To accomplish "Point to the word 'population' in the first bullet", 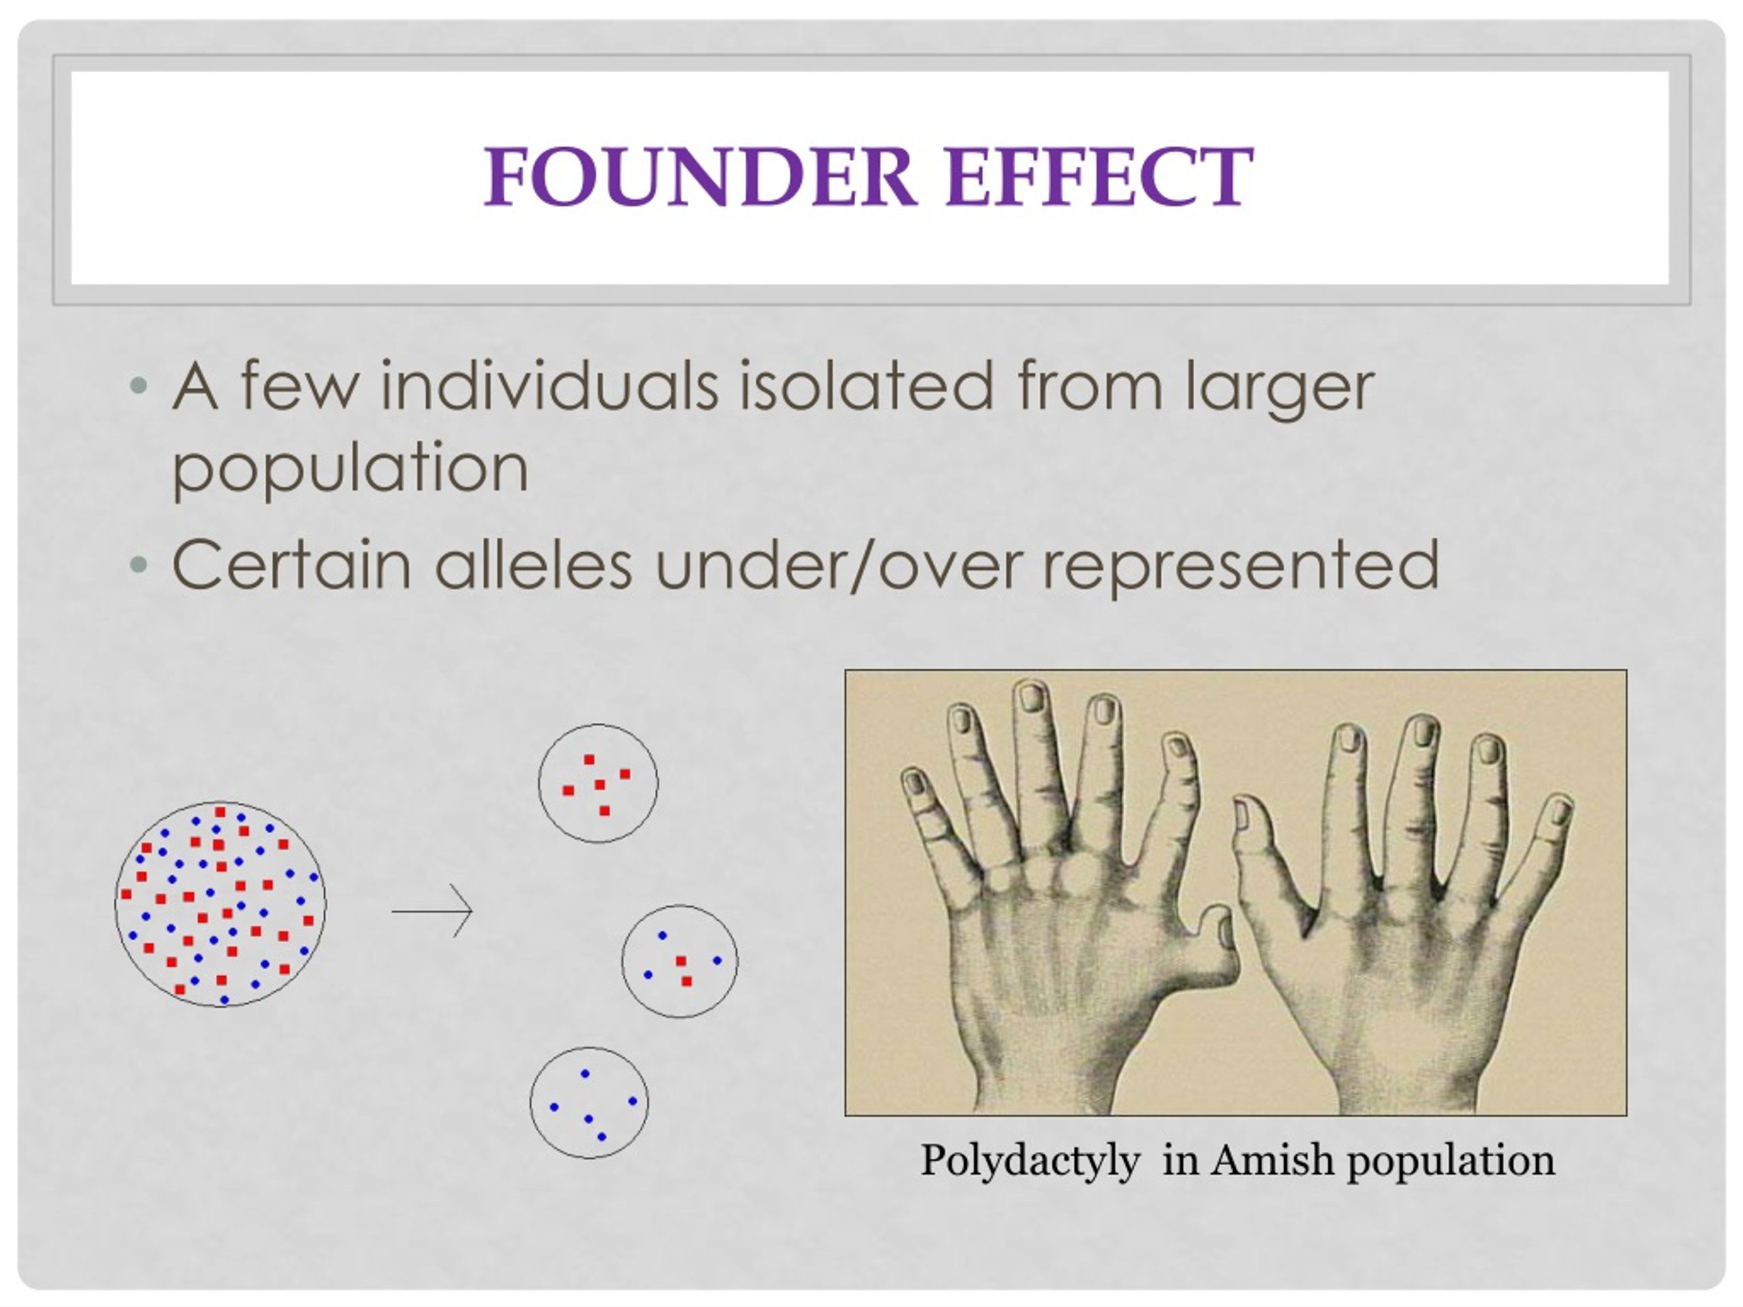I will (x=350, y=470).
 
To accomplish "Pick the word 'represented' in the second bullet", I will (x=1241, y=567).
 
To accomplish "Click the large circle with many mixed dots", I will (x=220, y=905).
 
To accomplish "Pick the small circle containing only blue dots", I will (x=590, y=1103).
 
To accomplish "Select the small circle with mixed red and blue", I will (x=679, y=961).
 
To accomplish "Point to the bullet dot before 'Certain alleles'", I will (x=138, y=564).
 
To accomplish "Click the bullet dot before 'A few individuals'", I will (x=138, y=386).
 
